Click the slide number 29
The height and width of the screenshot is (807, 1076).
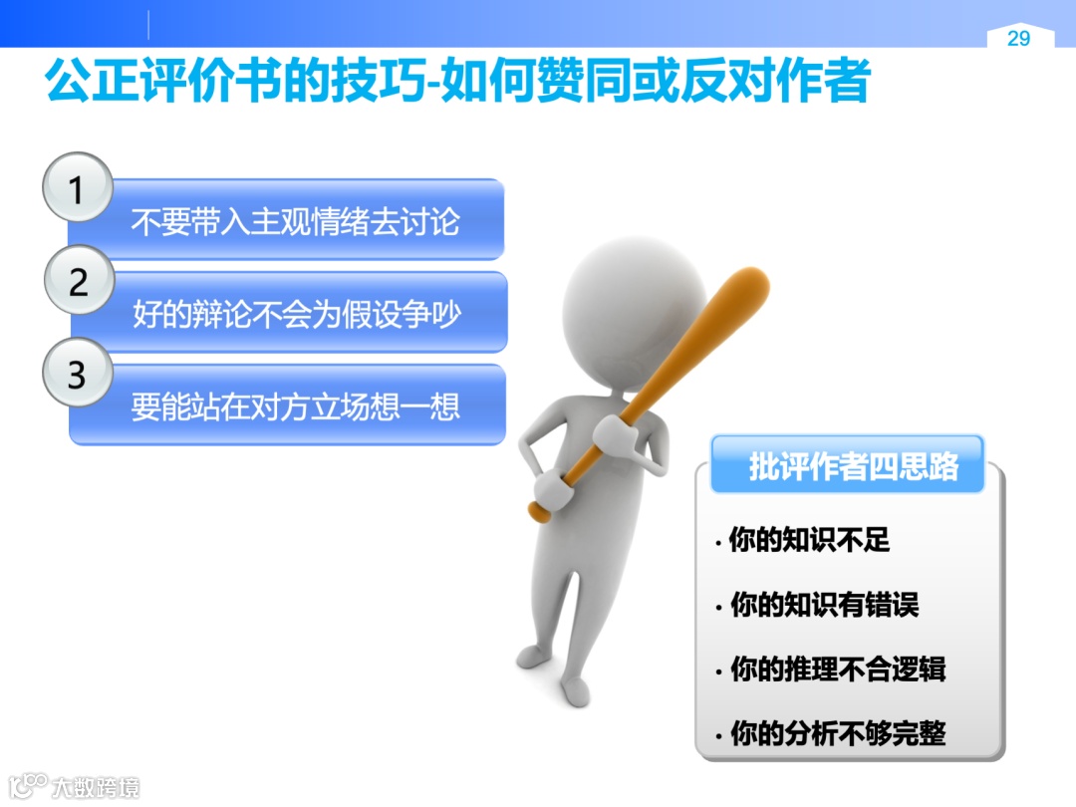coord(1018,39)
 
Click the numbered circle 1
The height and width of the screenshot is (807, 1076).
coord(77,189)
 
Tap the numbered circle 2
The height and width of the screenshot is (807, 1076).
coord(78,282)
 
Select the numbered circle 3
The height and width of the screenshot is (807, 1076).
coord(77,376)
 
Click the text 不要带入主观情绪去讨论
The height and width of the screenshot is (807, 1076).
coord(295,222)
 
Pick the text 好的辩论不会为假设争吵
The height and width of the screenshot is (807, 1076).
coord(296,315)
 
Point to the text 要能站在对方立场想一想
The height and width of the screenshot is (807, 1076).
coord(295,407)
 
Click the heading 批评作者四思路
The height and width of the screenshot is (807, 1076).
coord(853,466)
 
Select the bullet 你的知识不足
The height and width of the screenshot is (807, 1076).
coord(809,541)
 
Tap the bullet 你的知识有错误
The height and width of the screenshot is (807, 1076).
coord(824,605)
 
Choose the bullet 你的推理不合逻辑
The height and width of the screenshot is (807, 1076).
coord(838,670)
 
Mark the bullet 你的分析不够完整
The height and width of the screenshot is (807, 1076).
coord(838,734)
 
